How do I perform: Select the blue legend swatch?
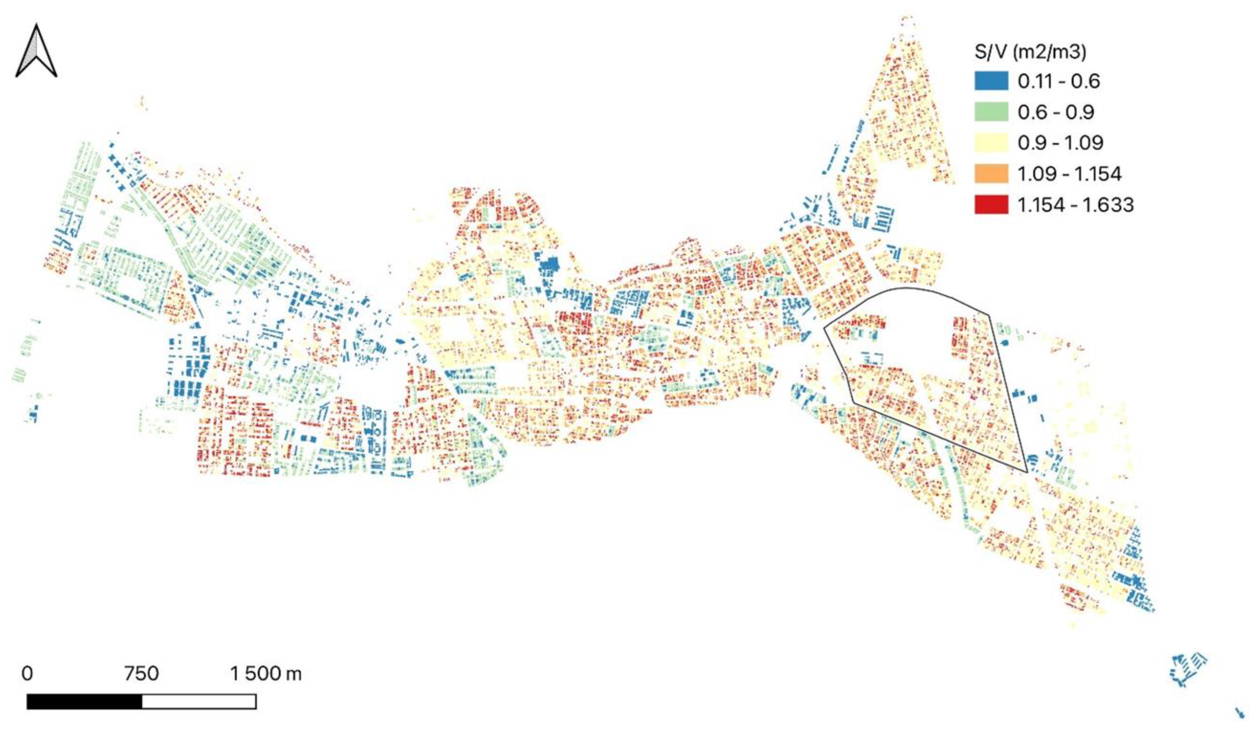991,81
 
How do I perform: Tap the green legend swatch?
991,111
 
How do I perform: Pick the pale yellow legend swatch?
991,142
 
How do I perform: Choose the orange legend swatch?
991,173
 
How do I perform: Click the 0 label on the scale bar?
27,674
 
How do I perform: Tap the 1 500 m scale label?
265,674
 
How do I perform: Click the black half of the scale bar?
84,702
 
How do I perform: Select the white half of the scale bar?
199,702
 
